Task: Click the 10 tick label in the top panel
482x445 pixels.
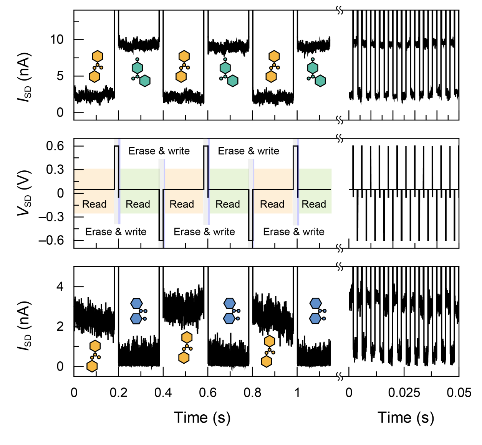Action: coord(57,40)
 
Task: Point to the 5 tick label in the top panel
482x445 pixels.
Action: coord(60,76)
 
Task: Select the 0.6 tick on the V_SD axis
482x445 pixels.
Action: coord(55,146)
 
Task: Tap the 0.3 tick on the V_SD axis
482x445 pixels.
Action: coord(55,170)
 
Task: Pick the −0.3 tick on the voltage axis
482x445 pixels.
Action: coord(51,217)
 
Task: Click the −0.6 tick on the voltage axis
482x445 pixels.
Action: coord(51,241)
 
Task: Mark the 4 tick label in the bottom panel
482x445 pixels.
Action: coord(60,287)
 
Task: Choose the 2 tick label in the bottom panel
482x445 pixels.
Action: coord(60,326)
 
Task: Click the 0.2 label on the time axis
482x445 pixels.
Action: coord(119,393)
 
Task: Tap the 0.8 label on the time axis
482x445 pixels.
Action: coord(252,393)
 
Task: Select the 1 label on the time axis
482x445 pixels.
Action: coord(297,393)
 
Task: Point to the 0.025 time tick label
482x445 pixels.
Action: coord(404,393)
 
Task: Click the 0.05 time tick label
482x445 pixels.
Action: coord(459,393)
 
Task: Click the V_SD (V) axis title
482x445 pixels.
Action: coord(24,193)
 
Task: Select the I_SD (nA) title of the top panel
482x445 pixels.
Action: coord(24,77)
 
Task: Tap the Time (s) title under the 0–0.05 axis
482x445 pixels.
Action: coord(406,417)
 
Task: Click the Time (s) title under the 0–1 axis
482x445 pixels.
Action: coord(202,417)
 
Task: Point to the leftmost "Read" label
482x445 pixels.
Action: coord(94,204)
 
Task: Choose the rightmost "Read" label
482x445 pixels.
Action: coord(314,204)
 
